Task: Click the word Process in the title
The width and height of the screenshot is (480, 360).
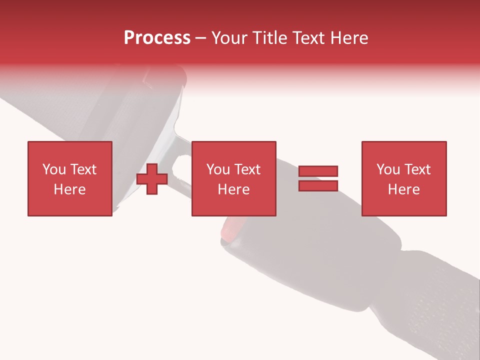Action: click(x=157, y=38)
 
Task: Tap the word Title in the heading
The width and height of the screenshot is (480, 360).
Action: click(x=270, y=38)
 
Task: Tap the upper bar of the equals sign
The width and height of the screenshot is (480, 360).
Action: click(x=318, y=171)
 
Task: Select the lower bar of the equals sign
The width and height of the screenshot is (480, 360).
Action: click(x=318, y=185)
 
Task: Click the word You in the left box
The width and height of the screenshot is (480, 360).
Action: click(x=54, y=169)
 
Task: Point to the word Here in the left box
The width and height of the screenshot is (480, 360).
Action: click(x=69, y=189)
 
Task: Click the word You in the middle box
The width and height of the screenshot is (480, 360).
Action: click(x=218, y=169)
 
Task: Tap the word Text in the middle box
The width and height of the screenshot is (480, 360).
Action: click(x=246, y=169)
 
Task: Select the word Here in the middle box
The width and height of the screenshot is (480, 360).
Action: click(x=233, y=189)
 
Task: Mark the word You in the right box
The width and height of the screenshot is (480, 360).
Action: click(x=388, y=169)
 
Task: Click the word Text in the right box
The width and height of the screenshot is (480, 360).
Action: click(x=416, y=169)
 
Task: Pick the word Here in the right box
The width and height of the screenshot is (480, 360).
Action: click(x=403, y=189)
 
